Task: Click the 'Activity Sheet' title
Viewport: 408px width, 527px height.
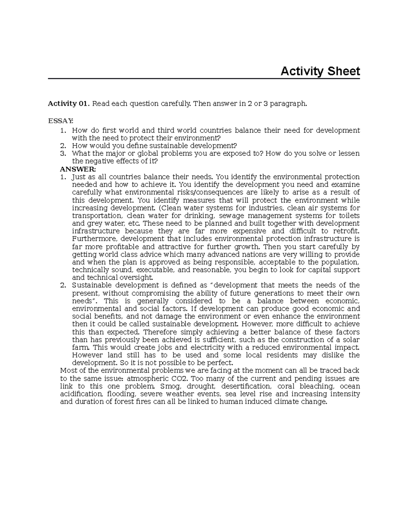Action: pos(320,71)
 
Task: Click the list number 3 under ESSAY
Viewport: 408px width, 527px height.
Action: pos(62,153)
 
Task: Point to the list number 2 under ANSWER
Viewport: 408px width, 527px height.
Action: pos(62,285)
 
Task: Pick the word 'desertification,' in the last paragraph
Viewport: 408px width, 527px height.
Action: pos(245,386)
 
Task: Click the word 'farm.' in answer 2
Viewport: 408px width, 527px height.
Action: pos(81,347)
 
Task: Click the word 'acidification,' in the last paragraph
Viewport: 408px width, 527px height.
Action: pos(81,394)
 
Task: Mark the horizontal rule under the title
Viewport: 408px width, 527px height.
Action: pos(204,78)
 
